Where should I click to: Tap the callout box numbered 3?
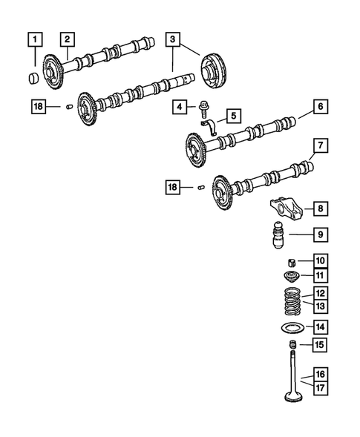pyautogui.click(x=172, y=38)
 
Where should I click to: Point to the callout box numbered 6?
pyautogui.click(x=320, y=108)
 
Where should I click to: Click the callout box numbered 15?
pyautogui.click(x=320, y=345)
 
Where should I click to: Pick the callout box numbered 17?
pyautogui.click(x=320, y=387)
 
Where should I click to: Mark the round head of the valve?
pyautogui.click(x=294, y=398)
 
